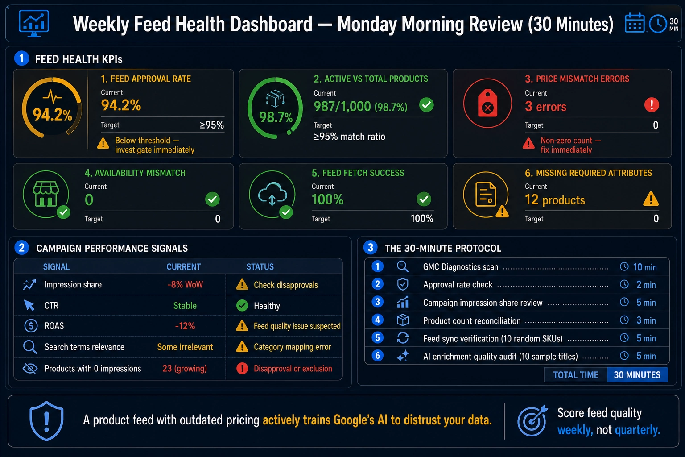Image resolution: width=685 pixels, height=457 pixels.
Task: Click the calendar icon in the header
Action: click(635, 23)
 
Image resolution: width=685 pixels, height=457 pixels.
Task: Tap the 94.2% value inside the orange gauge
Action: click(52, 115)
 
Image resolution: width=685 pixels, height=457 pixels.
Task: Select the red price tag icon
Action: click(487, 103)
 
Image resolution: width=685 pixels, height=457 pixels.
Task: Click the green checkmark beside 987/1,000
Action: click(426, 105)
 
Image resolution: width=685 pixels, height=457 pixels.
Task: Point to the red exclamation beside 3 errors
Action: click(652, 105)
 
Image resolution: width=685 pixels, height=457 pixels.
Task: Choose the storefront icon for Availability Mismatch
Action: click(46, 194)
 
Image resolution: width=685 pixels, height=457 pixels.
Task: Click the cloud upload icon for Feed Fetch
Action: click(272, 193)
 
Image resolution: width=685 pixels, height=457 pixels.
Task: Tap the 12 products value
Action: click(555, 200)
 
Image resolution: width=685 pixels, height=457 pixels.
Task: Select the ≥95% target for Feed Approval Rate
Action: click(212, 125)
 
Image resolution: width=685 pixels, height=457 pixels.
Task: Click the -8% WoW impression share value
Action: click(185, 284)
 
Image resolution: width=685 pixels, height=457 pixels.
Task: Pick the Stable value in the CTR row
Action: click(185, 305)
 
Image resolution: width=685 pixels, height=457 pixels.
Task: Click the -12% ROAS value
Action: click(185, 326)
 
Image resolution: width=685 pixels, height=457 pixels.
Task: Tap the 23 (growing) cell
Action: click(184, 368)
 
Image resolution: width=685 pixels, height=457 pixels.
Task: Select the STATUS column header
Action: click(260, 266)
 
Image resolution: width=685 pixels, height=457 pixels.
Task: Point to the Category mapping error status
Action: click(293, 347)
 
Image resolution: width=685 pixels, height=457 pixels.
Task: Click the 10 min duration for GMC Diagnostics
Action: click(644, 267)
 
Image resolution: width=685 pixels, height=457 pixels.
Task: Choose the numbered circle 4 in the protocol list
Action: click(378, 320)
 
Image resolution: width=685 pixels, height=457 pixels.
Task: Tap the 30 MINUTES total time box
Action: click(637, 375)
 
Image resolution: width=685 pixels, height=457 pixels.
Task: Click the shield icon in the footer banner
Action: click(46, 421)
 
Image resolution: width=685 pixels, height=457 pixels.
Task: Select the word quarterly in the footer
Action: click(637, 430)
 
